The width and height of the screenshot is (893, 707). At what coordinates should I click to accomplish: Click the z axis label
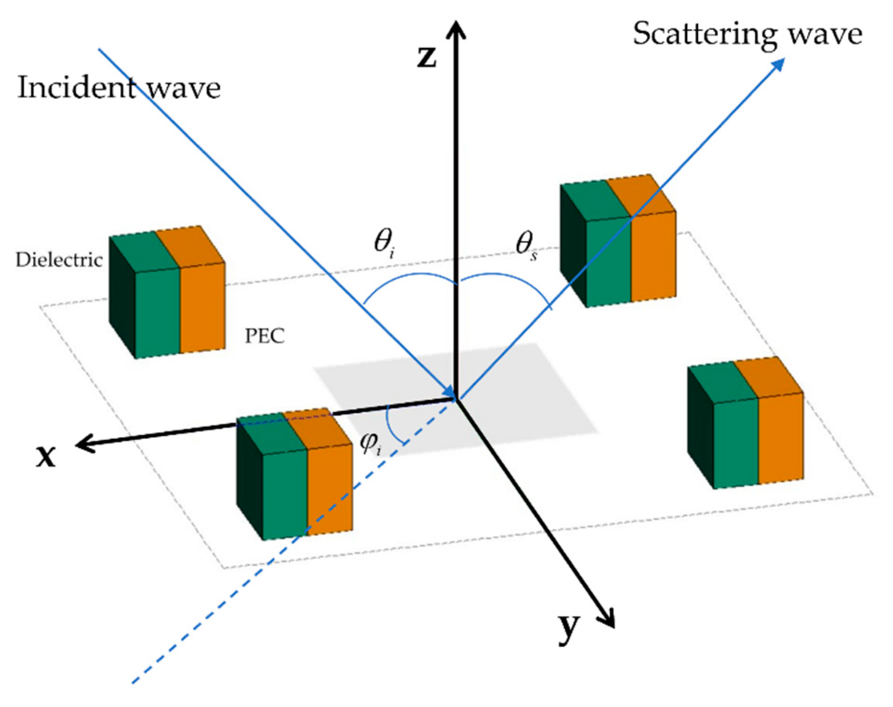pos(426,58)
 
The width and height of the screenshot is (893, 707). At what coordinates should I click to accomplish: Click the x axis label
pos(46,456)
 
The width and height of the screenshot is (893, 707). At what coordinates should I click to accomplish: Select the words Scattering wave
pos(747,34)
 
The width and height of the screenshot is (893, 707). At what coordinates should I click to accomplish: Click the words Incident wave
pos(119,87)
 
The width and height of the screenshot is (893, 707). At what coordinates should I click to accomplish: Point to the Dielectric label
pos(59,260)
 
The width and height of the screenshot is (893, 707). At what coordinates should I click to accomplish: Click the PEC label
pos(265,336)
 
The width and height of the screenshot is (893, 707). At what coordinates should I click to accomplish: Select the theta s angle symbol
pos(526,245)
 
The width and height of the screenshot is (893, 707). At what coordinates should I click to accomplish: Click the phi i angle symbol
pos(370,444)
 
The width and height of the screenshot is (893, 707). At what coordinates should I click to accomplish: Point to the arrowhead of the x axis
pos(84,445)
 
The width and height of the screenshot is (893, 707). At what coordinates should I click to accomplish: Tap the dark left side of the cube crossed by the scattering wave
pos(573,242)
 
